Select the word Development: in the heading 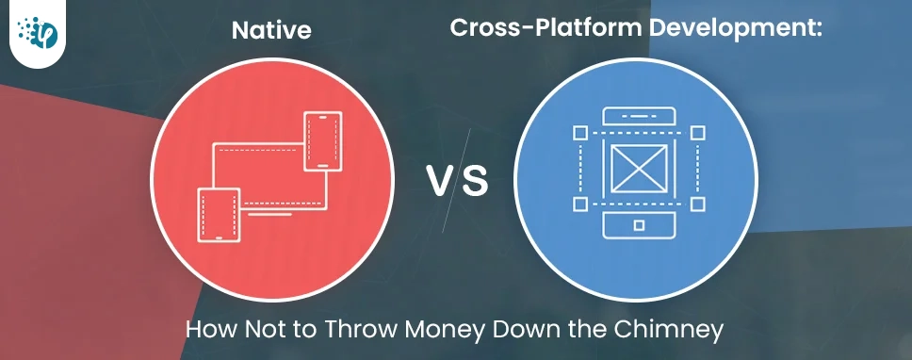737,28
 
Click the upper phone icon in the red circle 321,141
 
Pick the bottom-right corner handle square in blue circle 697,204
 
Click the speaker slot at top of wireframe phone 638,117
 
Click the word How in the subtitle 205,332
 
